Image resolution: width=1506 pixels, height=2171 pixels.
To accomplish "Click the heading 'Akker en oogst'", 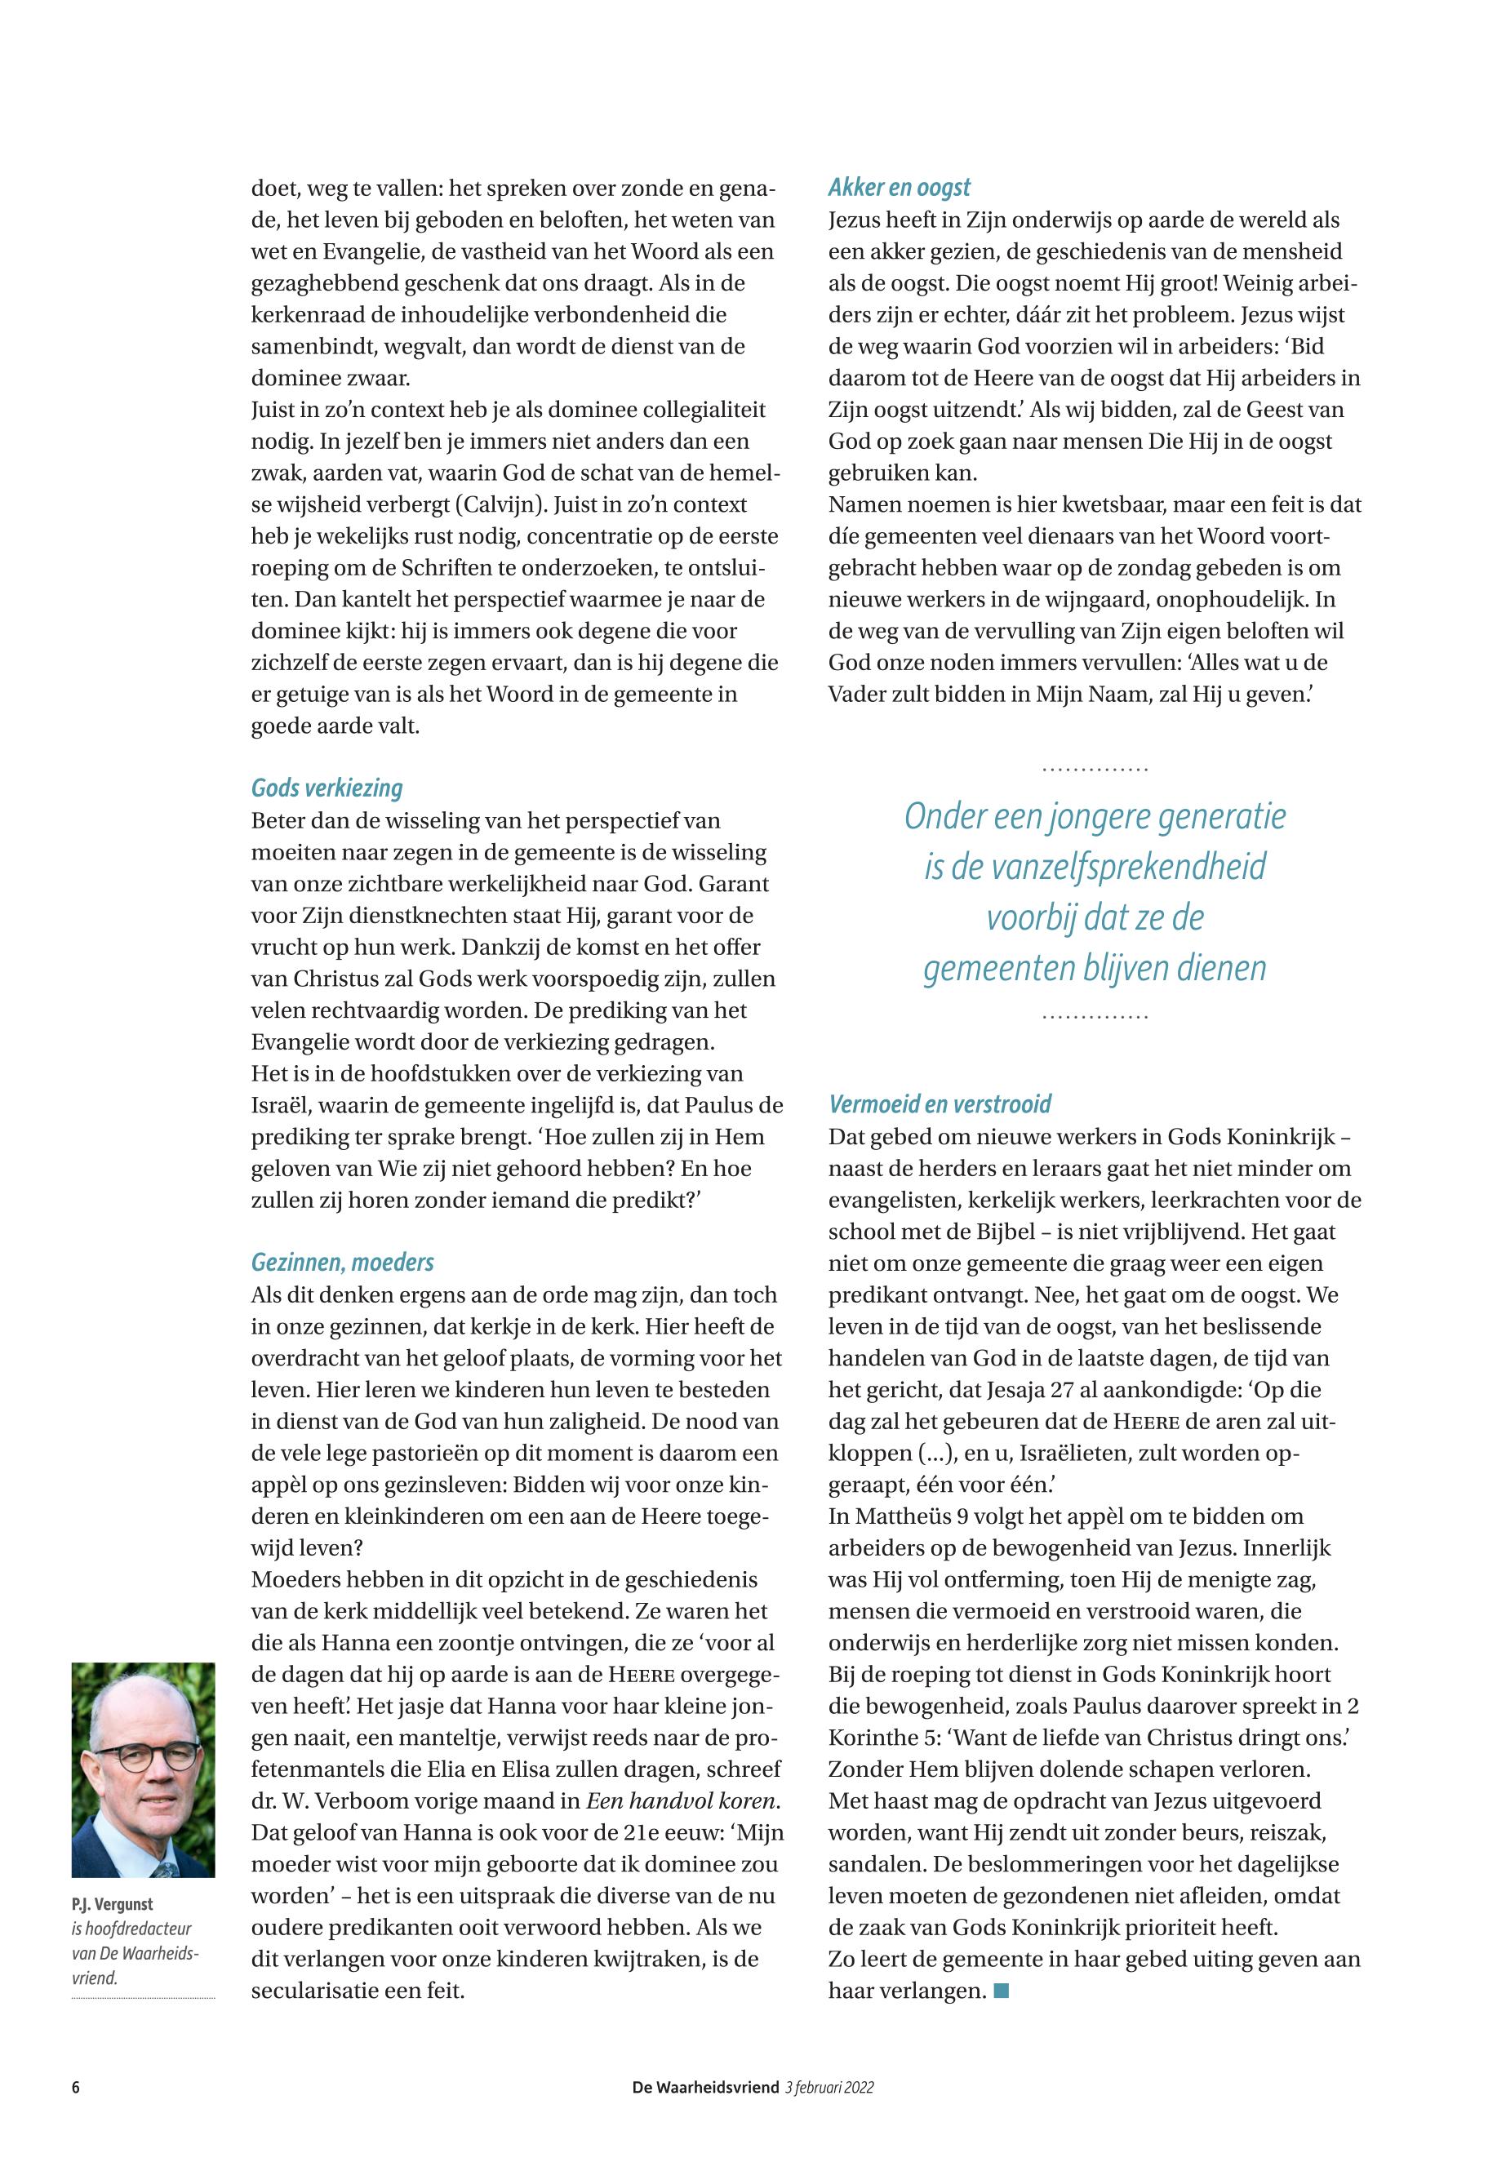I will pos(900,188).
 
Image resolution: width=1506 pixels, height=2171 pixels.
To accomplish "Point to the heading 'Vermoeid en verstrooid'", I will pos(939,1104).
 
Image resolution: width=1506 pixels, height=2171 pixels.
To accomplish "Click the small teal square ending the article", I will pos(1002,1991).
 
